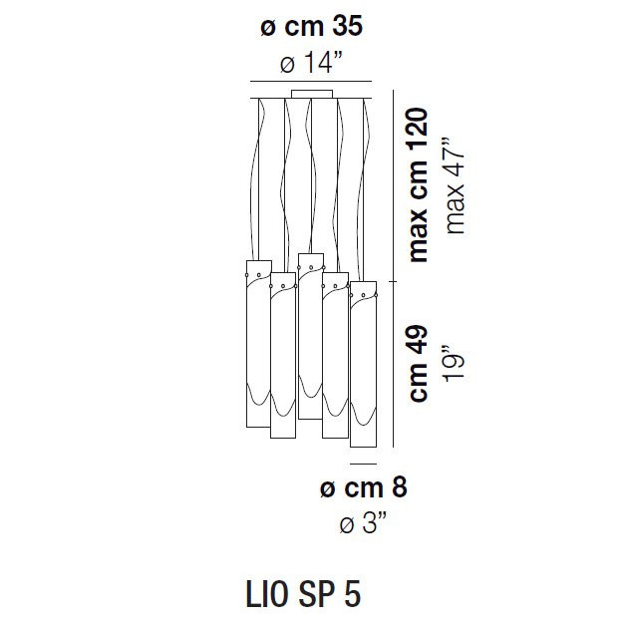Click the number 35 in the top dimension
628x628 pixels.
pos(347,26)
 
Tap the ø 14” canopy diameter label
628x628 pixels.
pos(311,63)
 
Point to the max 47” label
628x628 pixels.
pos(456,186)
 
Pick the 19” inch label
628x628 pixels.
pos(455,363)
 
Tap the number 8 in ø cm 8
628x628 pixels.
pos(399,486)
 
